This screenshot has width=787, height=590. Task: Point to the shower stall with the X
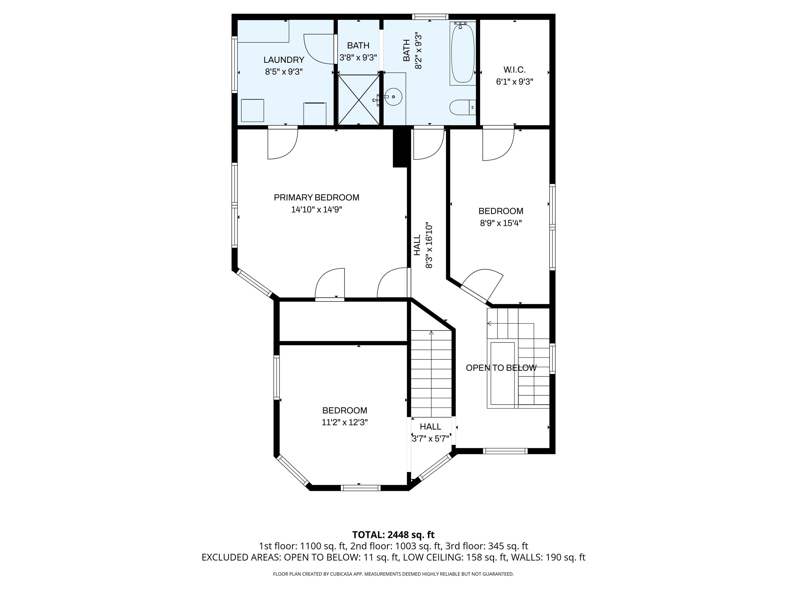(x=358, y=100)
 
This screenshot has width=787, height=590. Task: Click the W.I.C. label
(x=514, y=70)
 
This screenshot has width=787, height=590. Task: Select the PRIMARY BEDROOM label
(x=316, y=197)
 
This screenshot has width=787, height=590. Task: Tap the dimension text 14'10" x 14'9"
(x=316, y=209)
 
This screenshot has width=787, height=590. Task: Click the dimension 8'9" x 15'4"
(x=501, y=223)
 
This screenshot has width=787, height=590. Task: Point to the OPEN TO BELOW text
(x=501, y=368)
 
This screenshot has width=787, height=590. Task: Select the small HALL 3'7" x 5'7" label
(x=430, y=433)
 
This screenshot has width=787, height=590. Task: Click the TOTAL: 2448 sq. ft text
(x=393, y=534)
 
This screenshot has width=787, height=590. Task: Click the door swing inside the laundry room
(x=319, y=49)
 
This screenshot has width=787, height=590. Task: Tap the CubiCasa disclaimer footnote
(x=393, y=574)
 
